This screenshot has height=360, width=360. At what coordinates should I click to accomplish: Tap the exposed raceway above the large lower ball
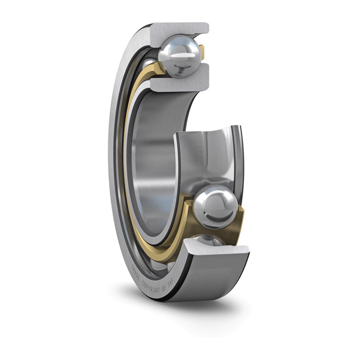click(208, 158)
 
